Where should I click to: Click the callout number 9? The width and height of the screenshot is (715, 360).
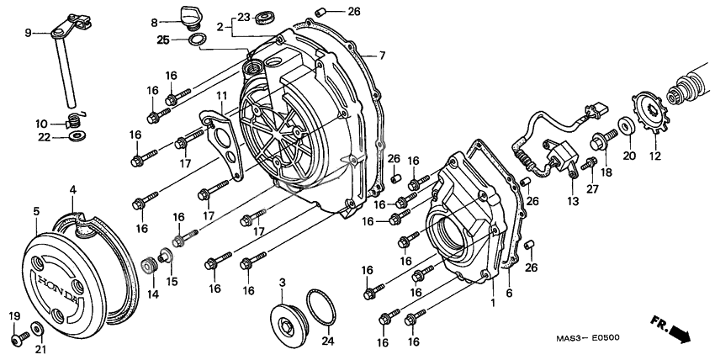(x=28, y=33)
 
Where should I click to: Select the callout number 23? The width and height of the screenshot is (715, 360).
(x=242, y=17)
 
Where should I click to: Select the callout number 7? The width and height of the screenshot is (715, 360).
(x=382, y=56)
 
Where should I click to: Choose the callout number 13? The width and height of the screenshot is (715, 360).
(x=573, y=202)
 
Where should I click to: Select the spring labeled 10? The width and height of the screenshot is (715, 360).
(x=75, y=119)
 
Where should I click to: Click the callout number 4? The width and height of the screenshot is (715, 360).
(x=74, y=190)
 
